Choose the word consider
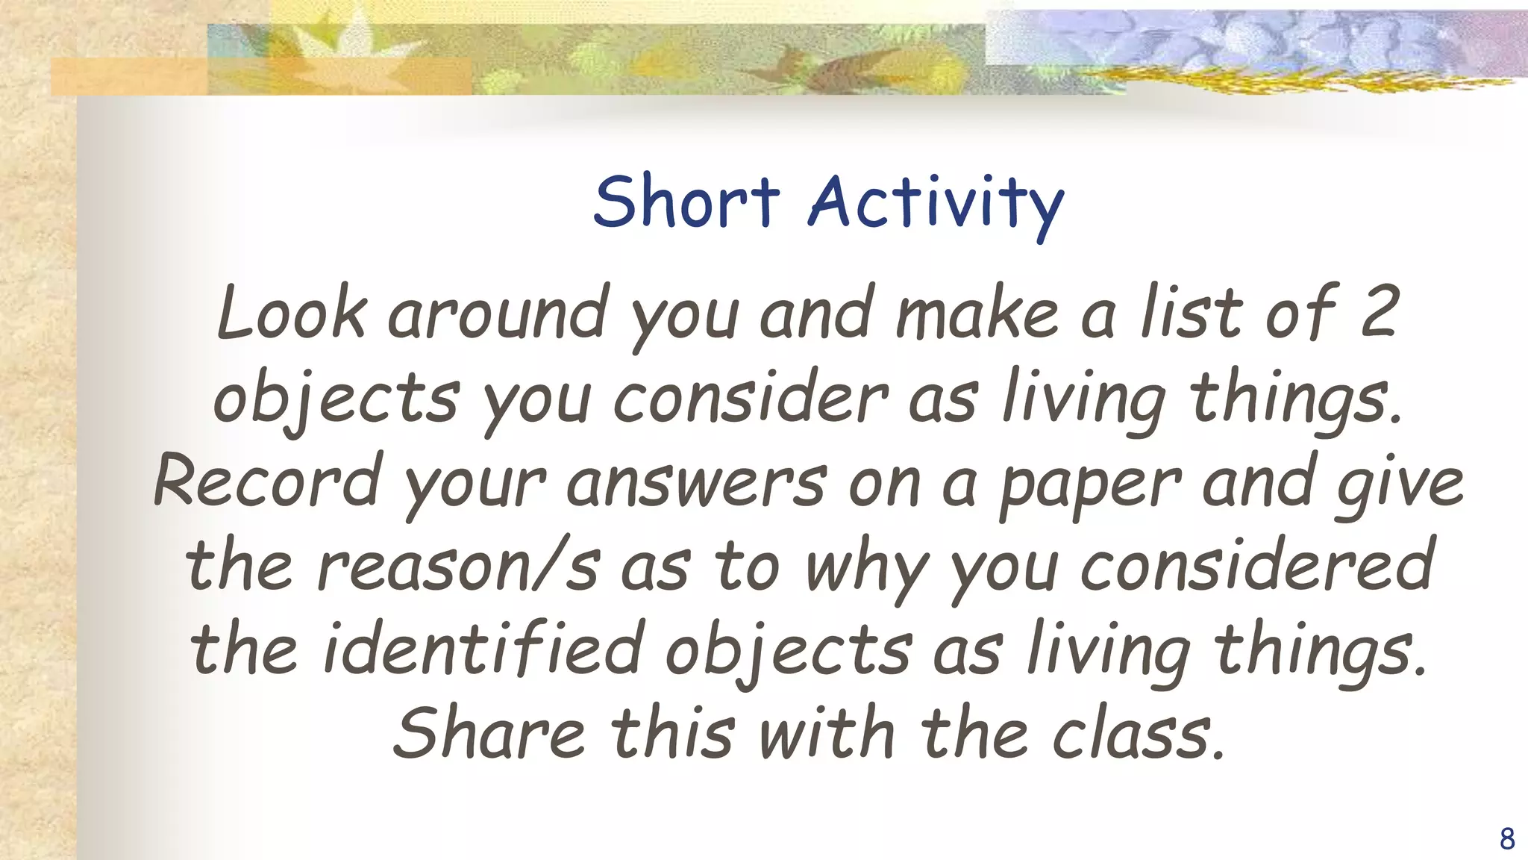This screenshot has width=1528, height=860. (751, 397)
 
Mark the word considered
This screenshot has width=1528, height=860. (1256, 566)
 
